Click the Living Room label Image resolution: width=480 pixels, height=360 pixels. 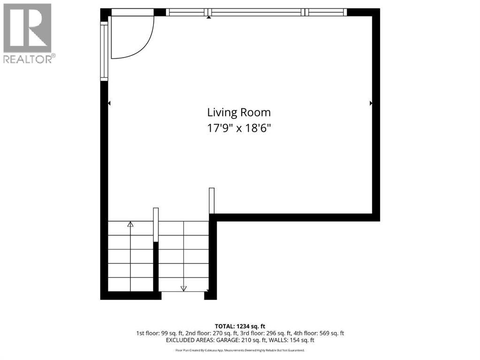[239, 112]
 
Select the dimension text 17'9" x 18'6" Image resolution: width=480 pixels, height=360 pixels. [239, 128]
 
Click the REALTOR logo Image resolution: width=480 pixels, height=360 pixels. [28, 33]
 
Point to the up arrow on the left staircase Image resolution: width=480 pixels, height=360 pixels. [130, 225]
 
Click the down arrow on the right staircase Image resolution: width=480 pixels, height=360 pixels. [183, 288]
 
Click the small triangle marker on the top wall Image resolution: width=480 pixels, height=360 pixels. [209, 18]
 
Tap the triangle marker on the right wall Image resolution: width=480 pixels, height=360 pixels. [371, 103]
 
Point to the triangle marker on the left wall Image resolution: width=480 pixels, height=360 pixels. [109, 103]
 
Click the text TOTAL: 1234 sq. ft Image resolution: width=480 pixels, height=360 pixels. [240, 326]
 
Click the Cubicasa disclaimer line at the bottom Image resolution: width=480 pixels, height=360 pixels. [240, 350]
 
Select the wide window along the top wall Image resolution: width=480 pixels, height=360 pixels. [257, 13]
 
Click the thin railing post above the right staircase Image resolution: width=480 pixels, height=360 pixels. [212, 201]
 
